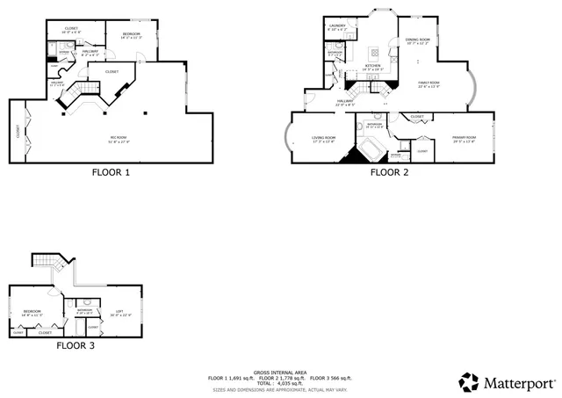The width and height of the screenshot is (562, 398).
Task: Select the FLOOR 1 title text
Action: click(111, 173)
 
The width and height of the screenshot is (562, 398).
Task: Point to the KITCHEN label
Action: click(373, 67)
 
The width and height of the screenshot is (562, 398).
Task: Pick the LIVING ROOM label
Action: click(324, 139)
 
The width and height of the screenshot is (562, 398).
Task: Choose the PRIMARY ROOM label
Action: click(464, 139)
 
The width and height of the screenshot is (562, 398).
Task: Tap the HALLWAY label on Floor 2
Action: click(344, 103)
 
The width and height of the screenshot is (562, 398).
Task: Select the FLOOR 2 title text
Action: click(388, 173)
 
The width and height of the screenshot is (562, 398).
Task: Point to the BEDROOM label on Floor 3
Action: click(32, 313)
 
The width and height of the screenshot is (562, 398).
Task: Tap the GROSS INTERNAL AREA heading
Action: click(280, 373)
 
